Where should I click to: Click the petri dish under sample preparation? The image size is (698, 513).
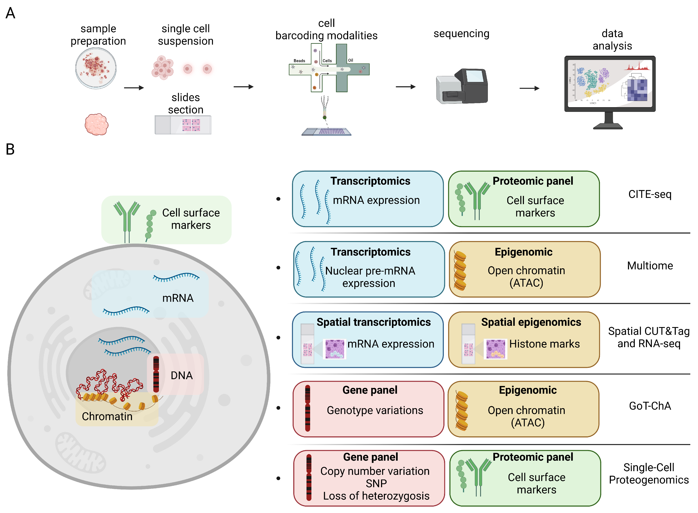coord(96,68)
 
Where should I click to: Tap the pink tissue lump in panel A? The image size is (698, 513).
coord(96,124)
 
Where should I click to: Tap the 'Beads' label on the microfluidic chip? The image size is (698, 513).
coord(299,61)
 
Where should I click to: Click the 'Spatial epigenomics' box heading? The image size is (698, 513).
coord(531,322)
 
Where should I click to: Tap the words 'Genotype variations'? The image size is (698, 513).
coord(375,411)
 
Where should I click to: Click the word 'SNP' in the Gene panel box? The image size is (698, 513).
coord(376,484)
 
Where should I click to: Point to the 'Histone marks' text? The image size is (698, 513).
coord(544,344)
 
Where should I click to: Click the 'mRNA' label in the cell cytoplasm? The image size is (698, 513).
coord(178,298)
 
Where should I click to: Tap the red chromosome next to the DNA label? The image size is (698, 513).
coord(156,374)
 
